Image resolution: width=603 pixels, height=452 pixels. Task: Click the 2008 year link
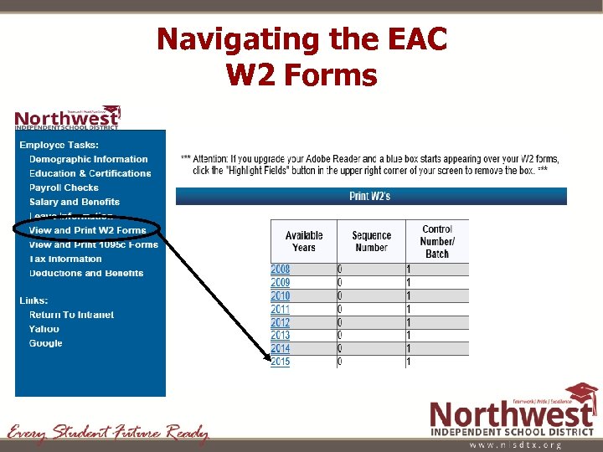[280, 270]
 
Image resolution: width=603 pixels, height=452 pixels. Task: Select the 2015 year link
[280, 362]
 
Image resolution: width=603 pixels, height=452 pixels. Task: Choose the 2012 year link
[280, 322]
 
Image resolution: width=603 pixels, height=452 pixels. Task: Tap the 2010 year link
[280, 296]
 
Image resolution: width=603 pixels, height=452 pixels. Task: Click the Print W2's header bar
[370, 196]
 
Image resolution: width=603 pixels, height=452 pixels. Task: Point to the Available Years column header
[304, 241]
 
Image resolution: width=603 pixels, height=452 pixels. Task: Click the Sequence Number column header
[371, 241]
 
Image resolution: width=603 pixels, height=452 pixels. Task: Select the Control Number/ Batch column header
[437, 241]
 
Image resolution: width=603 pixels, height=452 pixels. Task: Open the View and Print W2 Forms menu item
[87, 230]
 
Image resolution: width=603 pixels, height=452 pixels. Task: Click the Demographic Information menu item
[88, 159]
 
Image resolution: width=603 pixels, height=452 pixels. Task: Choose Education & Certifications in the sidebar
[90, 173]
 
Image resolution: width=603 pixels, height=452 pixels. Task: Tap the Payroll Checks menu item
[64, 187]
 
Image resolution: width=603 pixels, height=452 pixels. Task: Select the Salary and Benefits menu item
[75, 202]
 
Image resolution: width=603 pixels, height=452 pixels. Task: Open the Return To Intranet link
[71, 315]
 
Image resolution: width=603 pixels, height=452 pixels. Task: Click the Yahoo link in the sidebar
[44, 329]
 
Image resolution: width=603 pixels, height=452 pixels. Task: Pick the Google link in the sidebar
[45, 343]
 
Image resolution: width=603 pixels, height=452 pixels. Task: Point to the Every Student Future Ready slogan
[107, 433]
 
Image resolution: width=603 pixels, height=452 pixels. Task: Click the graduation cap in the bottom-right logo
[580, 393]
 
